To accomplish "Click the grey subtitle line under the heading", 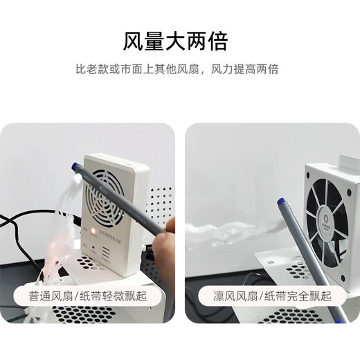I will click(180, 70).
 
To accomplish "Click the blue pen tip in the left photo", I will click(75, 167).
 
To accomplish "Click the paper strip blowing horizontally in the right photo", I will click(228, 231).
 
